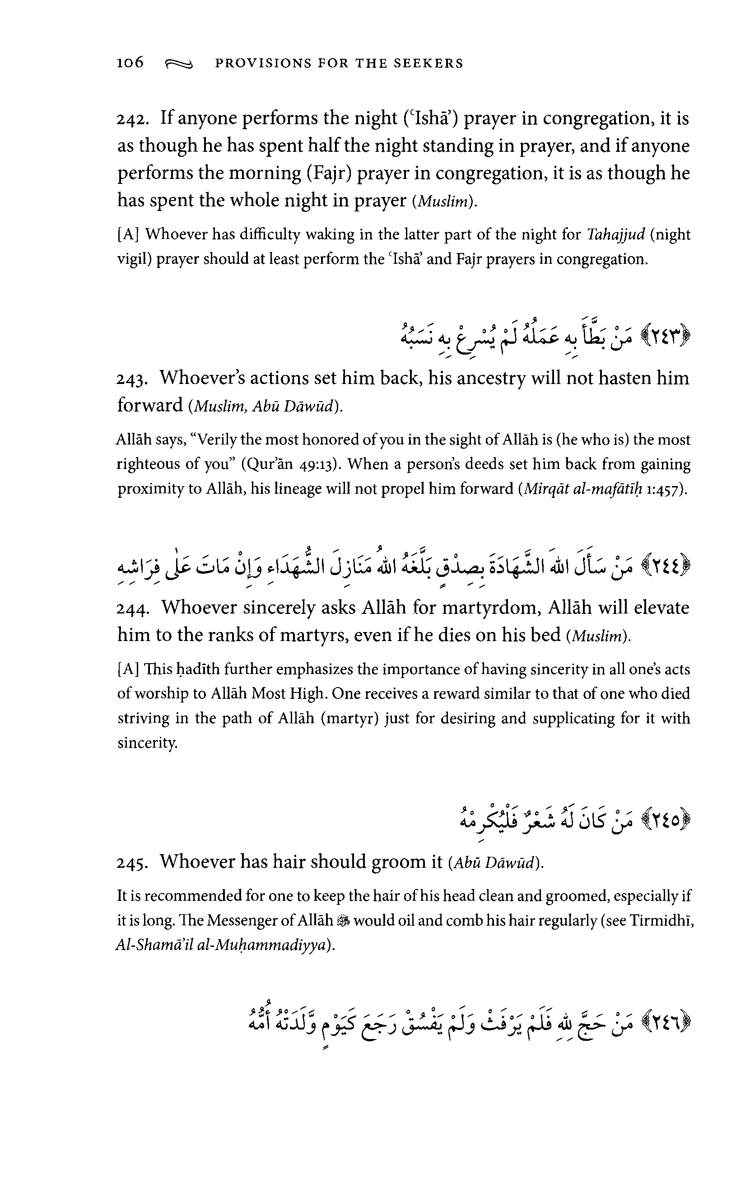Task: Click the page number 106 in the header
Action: [130, 63]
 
